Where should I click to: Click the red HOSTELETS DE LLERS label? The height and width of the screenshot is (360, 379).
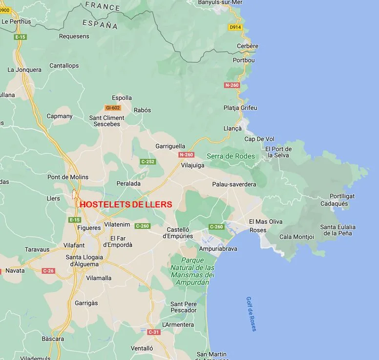tap(126, 205)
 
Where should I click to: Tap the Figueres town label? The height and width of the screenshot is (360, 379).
tap(88, 228)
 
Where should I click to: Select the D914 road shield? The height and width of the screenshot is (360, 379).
tap(235, 27)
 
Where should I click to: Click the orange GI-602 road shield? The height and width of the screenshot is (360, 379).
tap(112, 108)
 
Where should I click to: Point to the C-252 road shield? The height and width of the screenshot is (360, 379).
tap(147, 161)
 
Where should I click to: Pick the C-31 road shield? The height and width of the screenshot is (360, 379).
tap(153, 332)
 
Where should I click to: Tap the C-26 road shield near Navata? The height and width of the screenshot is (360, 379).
tap(48, 271)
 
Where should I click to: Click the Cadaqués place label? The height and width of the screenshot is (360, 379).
tap(334, 203)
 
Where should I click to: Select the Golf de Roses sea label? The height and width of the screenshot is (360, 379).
tap(252, 314)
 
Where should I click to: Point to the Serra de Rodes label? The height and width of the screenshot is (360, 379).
tap(231, 156)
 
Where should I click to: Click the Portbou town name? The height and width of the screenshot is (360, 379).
tap(244, 60)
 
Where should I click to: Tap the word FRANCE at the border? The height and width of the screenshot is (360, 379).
tap(103, 6)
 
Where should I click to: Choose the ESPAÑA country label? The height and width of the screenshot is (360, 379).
tap(100, 24)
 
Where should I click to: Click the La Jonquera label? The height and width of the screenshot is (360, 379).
tap(24, 70)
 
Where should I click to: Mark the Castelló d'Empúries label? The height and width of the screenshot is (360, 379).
tap(178, 233)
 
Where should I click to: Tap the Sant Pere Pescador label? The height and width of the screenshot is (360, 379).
tap(184, 307)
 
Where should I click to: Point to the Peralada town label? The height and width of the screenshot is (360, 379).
tap(128, 183)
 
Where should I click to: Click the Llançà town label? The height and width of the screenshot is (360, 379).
tap(232, 128)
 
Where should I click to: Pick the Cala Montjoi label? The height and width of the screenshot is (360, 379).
tap(296, 237)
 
